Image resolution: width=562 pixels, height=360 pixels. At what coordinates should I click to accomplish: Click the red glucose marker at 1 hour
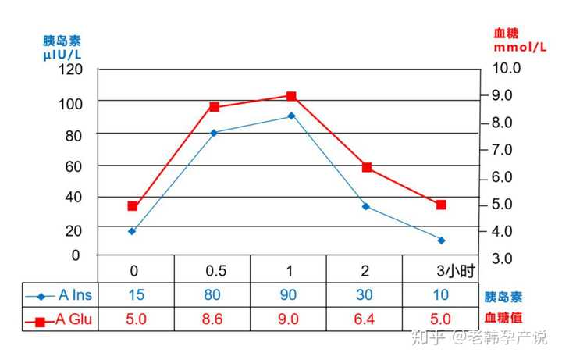[291, 96]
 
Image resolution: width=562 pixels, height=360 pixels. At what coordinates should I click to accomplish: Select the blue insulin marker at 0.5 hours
[214, 133]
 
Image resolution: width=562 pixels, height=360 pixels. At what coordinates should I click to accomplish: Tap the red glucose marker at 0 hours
[133, 206]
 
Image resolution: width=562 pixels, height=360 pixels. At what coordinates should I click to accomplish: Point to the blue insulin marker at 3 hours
[441, 240]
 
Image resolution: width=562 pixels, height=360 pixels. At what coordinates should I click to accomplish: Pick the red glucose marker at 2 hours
[367, 167]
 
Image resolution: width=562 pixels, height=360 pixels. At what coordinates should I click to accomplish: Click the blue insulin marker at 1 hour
[291, 116]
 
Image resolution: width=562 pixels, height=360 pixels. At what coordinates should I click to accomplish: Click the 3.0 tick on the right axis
[502, 258]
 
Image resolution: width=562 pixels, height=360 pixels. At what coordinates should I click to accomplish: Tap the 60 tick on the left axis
[72, 166]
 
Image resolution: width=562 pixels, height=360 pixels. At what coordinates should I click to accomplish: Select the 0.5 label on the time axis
[215, 271]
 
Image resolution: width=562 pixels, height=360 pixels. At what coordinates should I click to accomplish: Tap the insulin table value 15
[136, 295]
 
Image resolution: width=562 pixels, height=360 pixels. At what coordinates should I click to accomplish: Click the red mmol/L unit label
[519, 48]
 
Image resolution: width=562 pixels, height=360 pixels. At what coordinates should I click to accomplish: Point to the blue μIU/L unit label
[62, 55]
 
